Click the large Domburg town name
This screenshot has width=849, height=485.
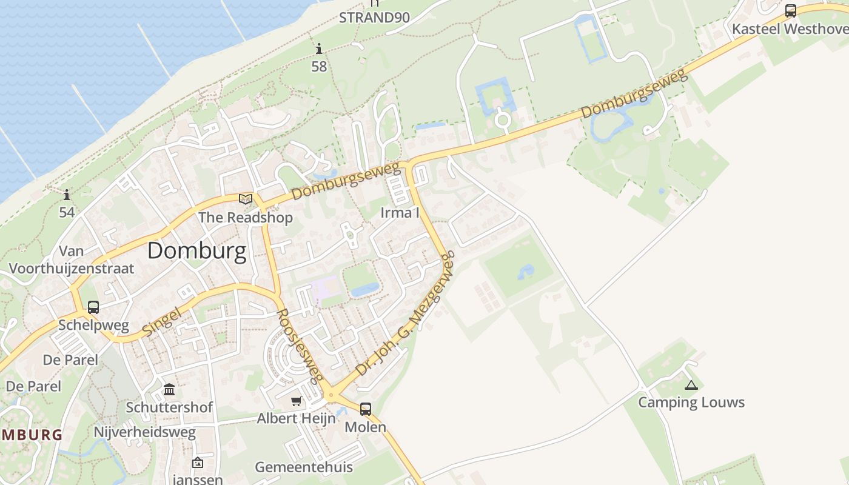pyautogui.click(x=196, y=251)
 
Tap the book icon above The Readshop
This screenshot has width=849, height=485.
pyautogui.click(x=246, y=199)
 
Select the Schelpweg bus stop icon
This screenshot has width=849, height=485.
pyautogui.click(x=93, y=307)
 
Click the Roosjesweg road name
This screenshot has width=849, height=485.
pyautogui.click(x=298, y=346)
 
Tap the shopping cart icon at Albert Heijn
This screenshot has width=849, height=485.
pyautogui.click(x=296, y=401)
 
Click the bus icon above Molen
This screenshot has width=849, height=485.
pyautogui.click(x=365, y=409)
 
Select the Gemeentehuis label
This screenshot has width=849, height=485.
pyautogui.click(x=303, y=467)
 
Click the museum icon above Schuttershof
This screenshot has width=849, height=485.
pyautogui.click(x=169, y=389)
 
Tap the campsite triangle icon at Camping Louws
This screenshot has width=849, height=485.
pyautogui.click(x=691, y=385)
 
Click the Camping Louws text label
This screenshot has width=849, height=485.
pyautogui.click(x=691, y=403)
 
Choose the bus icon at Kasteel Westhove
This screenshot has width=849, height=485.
pyautogui.click(x=790, y=11)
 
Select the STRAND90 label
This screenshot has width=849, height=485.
pyautogui.click(x=374, y=18)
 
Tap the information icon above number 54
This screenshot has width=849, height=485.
pyautogui.click(x=67, y=195)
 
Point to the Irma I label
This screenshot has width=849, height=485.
pyautogui.click(x=400, y=213)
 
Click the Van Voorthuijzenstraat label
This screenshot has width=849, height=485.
pyautogui.click(x=72, y=260)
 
